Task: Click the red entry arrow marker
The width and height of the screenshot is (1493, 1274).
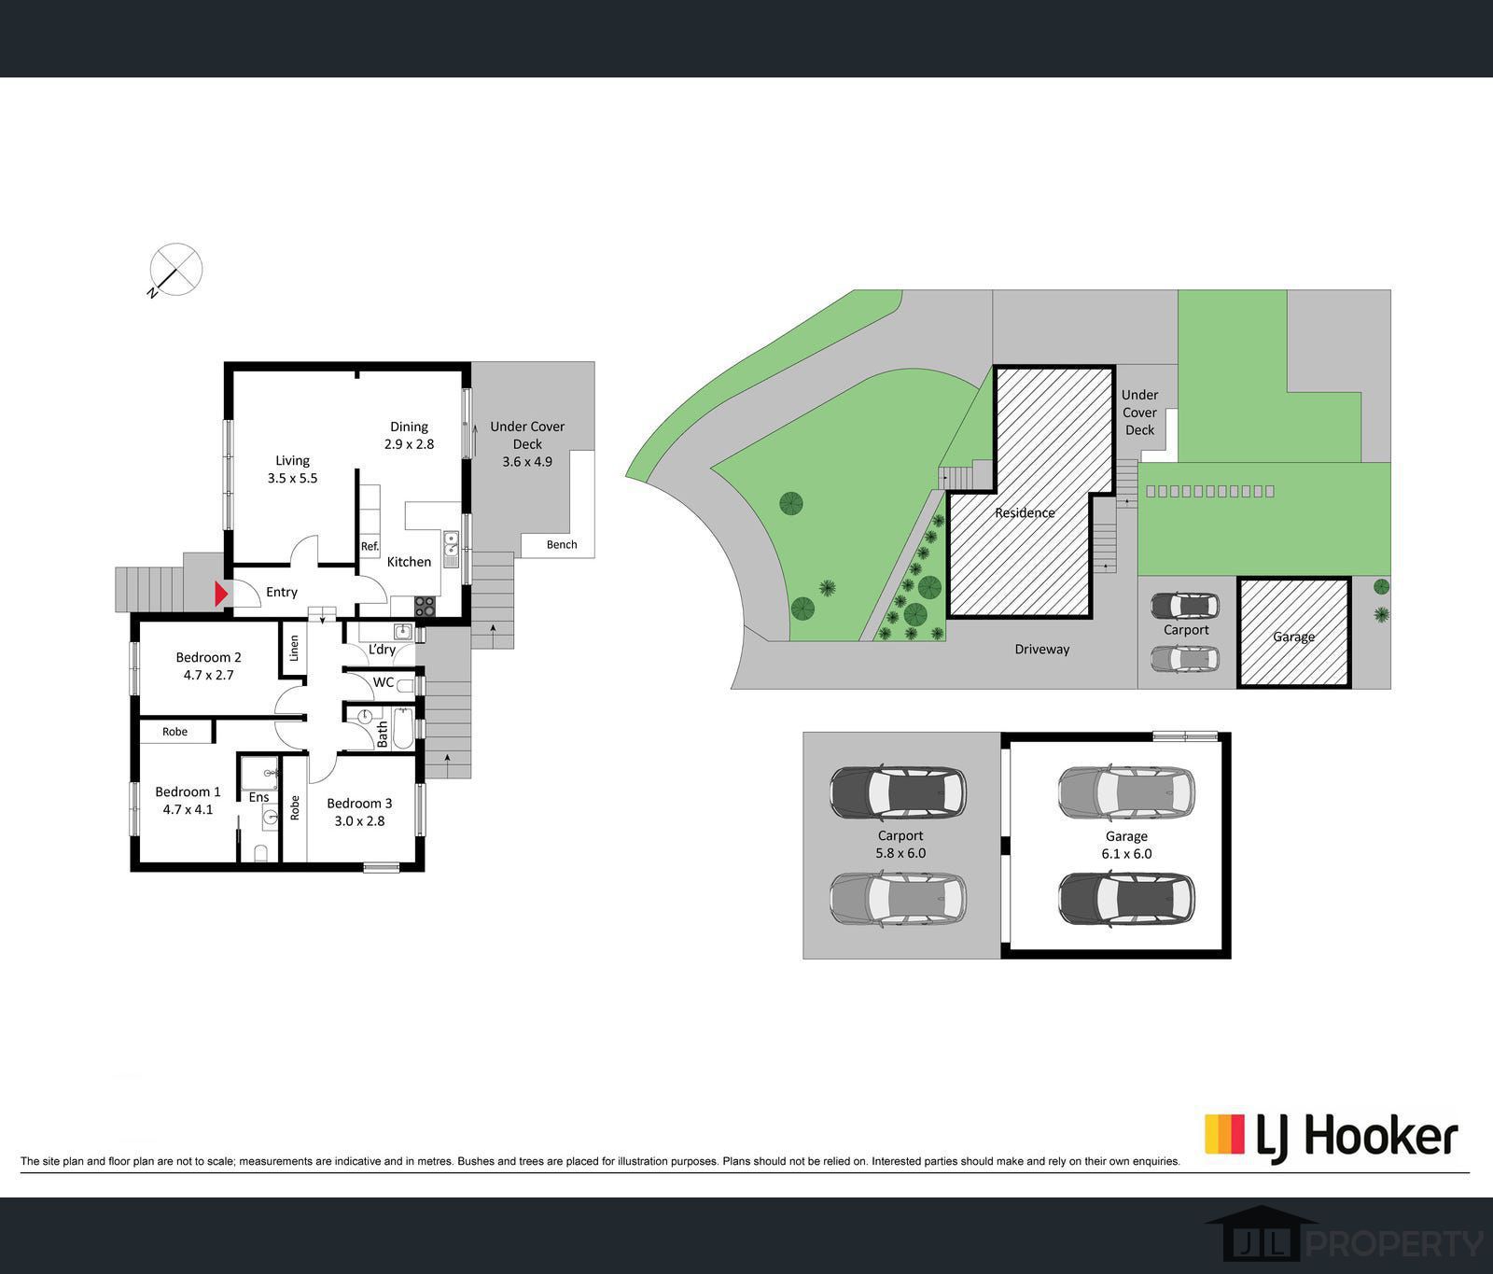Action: click(221, 594)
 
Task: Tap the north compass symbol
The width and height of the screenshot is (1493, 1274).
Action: click(175, 270)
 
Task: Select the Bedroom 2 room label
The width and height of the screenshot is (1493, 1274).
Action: click(208, 665)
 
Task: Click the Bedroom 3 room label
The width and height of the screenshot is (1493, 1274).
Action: click(359, 811)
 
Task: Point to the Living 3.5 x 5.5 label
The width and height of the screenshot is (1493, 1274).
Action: click(292, 469)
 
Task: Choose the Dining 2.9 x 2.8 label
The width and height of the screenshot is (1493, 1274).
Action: click(409, 435)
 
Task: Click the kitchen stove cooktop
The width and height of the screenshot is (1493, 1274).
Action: click(426, 606)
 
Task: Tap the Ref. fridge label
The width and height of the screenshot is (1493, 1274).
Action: click(370, 547)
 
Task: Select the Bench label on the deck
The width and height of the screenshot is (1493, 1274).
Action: click(562, 544)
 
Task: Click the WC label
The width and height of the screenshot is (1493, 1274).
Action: click(384, 682)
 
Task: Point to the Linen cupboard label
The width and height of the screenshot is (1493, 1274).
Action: click(294, 648)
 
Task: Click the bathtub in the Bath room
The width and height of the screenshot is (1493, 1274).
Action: click(403, 729)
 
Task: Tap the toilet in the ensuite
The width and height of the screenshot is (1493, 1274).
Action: click(260, 852)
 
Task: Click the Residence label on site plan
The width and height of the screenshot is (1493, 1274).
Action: click(1025, 512)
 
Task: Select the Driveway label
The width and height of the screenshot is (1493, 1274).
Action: click(1042, 649)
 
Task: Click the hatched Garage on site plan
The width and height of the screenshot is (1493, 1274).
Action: click(1293, 637)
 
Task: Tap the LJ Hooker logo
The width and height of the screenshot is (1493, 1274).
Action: click(1331, 1136)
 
